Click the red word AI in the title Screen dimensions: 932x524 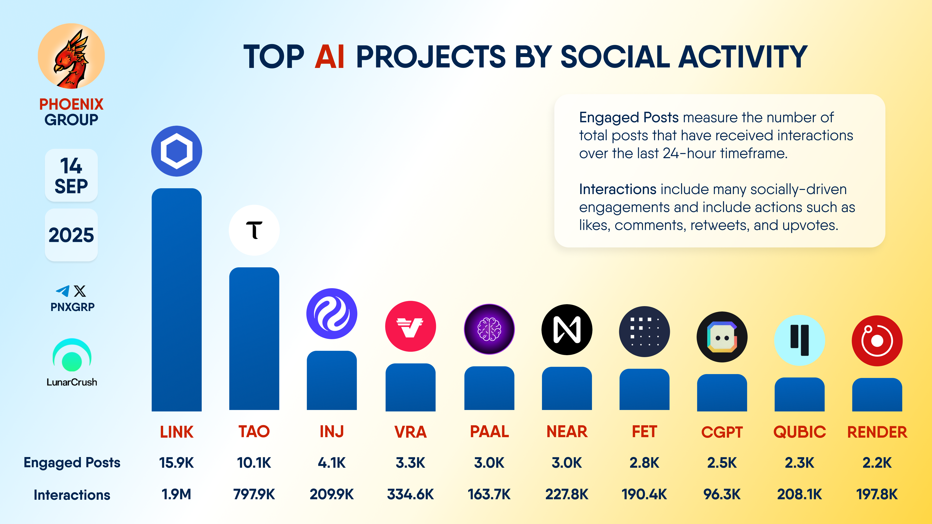[329, 57]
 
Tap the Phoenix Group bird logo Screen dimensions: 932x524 [71, 56]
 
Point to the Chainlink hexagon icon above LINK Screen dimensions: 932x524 [176, 151]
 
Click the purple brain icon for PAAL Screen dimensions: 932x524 [489, 329]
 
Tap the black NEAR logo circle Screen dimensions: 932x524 [566, 329]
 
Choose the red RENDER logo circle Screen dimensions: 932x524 [877, 341]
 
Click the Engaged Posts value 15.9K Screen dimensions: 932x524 [176, 463]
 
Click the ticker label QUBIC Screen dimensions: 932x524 [799, 432]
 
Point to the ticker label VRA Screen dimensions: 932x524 [410, 432]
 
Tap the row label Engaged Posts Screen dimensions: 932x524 [72, 463]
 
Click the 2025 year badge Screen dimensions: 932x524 [71, 235]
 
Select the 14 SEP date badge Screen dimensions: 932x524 [71, 175]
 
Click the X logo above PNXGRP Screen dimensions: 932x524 [80, 291]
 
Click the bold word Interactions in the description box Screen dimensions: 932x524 [618, 189]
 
